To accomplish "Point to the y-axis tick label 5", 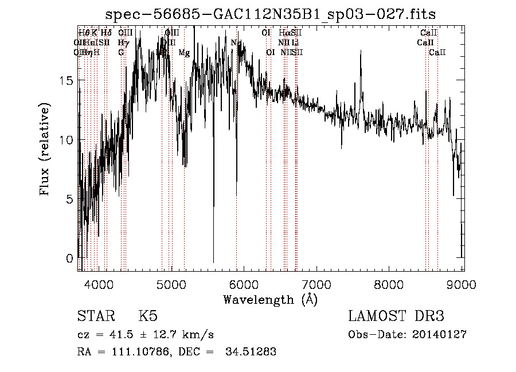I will click(x=69, y=199).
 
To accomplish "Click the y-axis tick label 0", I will click(x=69, y=258).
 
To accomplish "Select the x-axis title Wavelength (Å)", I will click(x=270, y=299).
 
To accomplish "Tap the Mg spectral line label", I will click(x=184, y=53).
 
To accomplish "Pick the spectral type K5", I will click(x=147, y=316).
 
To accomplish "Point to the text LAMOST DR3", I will click(x=396, y=316).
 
